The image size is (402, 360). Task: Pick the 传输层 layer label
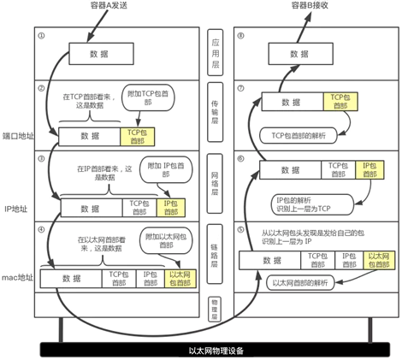218,116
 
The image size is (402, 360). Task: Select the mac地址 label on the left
17,278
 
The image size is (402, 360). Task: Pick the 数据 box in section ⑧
299,53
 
